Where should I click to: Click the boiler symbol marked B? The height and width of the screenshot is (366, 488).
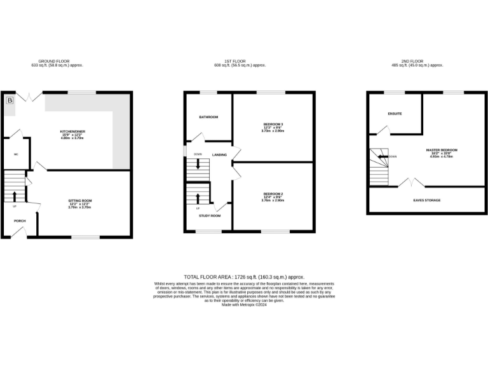click(10, 100)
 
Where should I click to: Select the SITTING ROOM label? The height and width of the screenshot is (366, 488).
click(81, 200)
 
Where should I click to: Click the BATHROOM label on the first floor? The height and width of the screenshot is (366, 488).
click(208, 117)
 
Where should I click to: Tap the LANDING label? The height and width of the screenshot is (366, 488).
click(220, 154)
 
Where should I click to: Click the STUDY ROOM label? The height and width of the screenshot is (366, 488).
click(210, 216)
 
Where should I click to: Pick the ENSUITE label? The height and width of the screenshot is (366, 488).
click(395, 114)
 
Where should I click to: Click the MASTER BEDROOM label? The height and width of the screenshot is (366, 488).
click(442, 150)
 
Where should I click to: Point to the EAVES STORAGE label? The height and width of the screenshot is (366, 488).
click(427, 200)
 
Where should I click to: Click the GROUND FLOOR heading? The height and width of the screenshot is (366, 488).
click(57, 62)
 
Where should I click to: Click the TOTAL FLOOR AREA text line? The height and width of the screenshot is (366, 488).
click(244, 277)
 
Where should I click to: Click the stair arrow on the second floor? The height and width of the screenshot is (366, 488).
click(383, 156)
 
